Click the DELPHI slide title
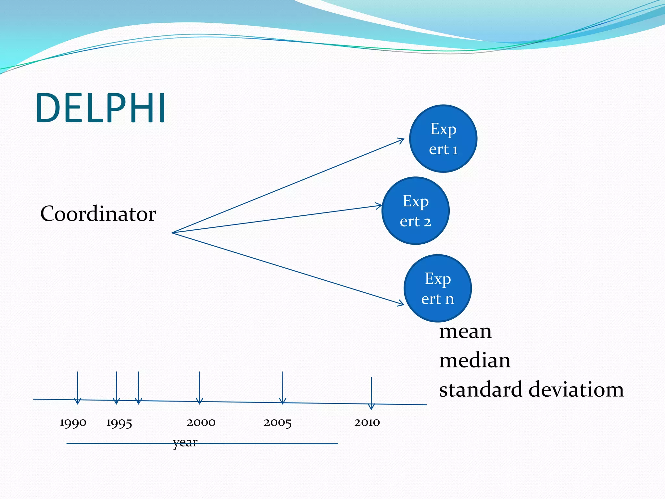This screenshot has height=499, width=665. point(101,108)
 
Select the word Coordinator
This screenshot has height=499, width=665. point(98,214)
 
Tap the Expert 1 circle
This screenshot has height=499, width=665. point(443,139)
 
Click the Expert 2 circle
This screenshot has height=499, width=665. point(416,211)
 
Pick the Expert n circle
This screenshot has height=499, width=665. point(438,288)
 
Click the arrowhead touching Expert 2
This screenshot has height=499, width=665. point(379,206)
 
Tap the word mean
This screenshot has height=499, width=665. point(465,331)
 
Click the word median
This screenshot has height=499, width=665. point(475,361)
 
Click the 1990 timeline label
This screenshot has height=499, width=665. point(73,423)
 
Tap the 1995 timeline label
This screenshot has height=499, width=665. point(119,423)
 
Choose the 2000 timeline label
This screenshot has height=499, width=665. point(201,422)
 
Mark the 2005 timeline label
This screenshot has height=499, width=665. point(278,423)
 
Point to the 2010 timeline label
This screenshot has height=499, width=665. point(367,422)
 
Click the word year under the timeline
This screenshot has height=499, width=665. point(185,442)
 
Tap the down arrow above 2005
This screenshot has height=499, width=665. point(283,388)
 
